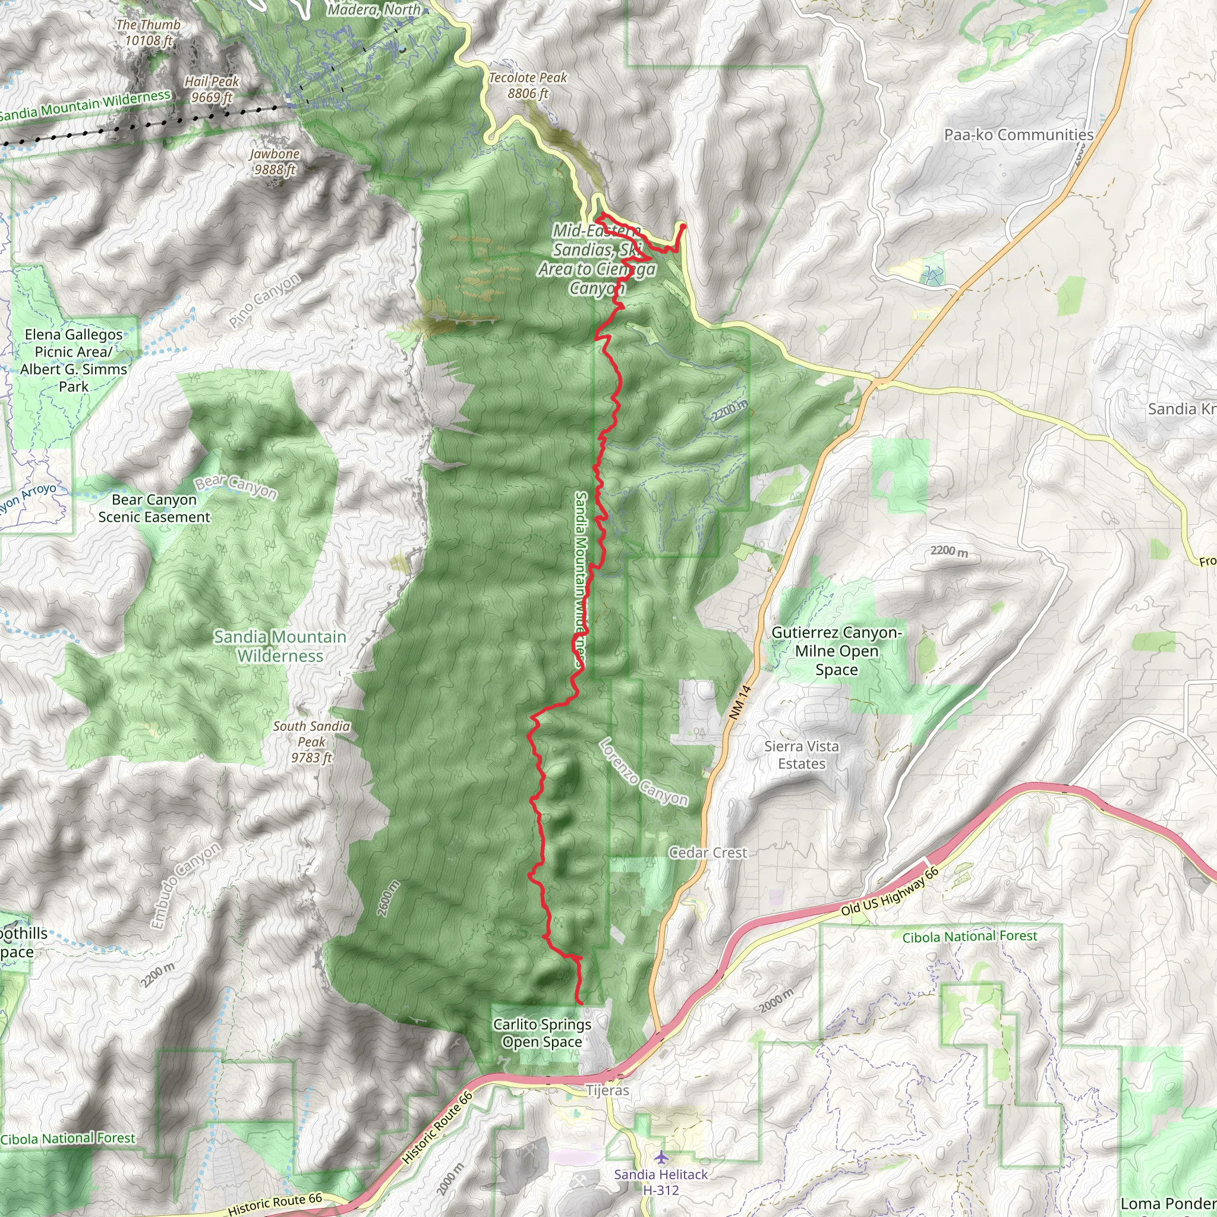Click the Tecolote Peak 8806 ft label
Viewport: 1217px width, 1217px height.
(528, 86)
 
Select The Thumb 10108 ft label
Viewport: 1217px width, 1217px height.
(148, 33)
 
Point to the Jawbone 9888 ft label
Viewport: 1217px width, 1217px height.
(274, 161)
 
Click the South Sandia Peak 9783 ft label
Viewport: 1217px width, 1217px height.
(311, 742)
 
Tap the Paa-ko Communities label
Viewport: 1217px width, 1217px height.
(1019, 135)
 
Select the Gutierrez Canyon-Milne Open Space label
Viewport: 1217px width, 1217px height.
(836, 651)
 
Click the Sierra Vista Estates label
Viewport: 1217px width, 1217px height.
(801, 755)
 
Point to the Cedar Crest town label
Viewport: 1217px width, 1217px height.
(707, 852)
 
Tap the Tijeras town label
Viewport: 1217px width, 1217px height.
(607, 1090)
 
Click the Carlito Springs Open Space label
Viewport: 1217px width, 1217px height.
(542, 1033)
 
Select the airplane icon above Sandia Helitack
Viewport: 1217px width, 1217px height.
(661, 1157)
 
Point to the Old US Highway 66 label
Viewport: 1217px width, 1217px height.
(890, 892)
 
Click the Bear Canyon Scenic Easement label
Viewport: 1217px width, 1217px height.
(155, 508)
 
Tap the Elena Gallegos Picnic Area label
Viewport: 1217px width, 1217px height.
(74, 360)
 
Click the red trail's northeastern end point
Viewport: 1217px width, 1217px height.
(683, 225)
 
